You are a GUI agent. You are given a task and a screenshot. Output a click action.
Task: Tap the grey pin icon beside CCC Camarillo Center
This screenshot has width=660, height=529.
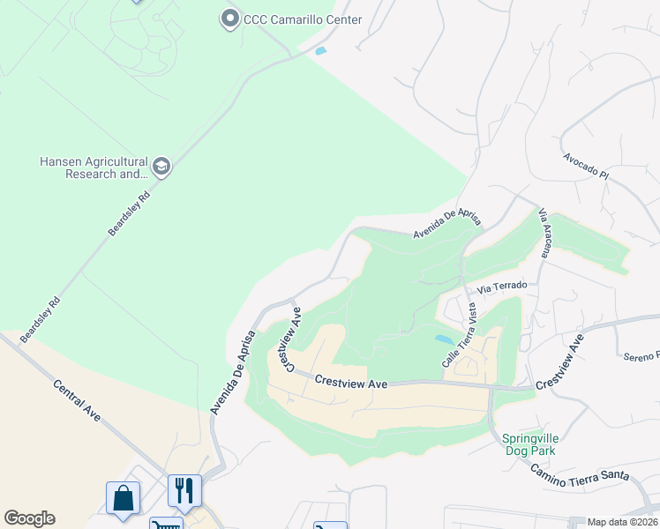[x=230, y=18]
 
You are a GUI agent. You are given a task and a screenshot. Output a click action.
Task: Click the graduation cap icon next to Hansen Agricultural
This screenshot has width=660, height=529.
[x=161, y=166]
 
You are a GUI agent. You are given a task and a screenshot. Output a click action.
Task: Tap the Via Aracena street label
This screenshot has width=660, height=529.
[x=545, y=233]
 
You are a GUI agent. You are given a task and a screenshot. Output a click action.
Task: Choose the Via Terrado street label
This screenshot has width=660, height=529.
[x=502, y=287]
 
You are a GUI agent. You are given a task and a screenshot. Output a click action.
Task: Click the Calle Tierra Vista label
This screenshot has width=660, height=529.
[x=459, y=335]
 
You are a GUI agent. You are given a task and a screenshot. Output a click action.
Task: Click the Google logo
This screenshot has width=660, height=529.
[x=29, y=518]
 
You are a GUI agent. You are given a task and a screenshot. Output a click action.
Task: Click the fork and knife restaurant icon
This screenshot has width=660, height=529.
[x=184, y=489]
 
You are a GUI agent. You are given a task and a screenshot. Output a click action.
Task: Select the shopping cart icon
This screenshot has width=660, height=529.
[x=165, y=525]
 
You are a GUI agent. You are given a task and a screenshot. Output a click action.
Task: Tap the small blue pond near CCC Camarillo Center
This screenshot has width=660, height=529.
[x=319, y=51]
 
